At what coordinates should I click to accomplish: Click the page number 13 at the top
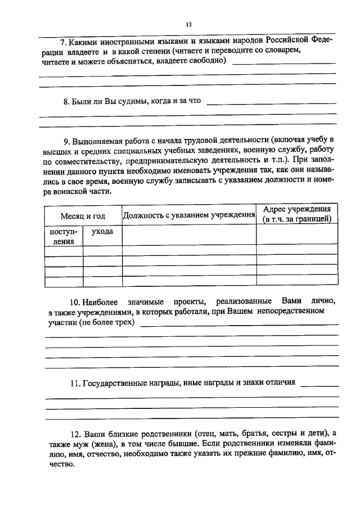188,25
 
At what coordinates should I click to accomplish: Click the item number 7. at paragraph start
64,42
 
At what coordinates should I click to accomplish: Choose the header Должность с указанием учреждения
189,215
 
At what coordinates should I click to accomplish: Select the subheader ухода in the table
102,231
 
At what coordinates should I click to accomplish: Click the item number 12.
76,434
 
